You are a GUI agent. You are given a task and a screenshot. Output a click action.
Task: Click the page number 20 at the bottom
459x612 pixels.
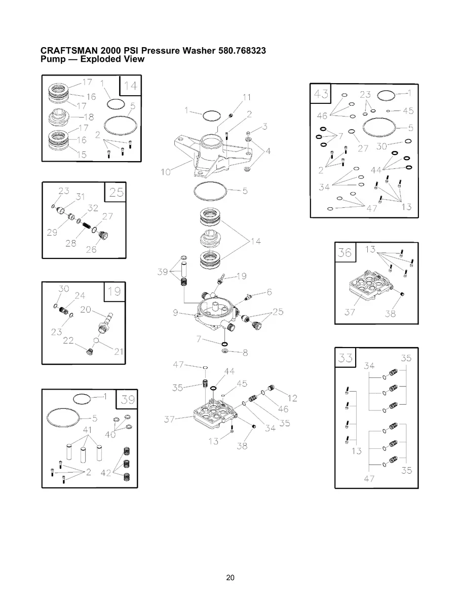[x=230, y=578]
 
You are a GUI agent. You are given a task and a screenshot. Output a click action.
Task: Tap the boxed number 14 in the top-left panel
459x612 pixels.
[x=130, y=86]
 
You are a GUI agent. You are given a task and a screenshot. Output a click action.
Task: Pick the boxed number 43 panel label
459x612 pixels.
[x=321, y=94]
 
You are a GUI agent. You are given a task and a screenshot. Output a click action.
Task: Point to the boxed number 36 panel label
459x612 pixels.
[x=345, y=252]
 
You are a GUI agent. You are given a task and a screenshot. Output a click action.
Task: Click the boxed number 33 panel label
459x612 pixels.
[x=346, y=358]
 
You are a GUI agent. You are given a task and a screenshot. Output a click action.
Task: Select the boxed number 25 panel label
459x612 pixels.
[x=116, y=192]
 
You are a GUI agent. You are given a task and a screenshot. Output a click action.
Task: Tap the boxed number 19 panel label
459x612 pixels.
[x=114, y=291]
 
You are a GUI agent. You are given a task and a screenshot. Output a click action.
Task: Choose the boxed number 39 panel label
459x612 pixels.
[x=127, y=399]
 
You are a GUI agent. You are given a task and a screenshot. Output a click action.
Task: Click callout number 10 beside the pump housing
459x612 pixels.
[x=166, y=172]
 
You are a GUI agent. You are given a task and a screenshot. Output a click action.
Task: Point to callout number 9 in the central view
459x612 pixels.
[x=175, y=313]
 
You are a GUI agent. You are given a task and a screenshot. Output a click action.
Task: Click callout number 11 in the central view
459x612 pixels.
[x=247, y=97]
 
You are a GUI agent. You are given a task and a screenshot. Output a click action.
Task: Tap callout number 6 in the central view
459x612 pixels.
[x=269, y=292]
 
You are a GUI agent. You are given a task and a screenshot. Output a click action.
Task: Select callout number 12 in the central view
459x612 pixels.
[x=292, y=398]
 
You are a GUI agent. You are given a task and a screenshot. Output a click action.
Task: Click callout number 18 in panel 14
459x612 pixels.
[x=89, y=117]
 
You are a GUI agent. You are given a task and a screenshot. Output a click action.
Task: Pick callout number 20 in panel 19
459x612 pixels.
[x=86, y=310]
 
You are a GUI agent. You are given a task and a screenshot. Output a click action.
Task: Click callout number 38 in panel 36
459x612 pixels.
[x=390, y=314]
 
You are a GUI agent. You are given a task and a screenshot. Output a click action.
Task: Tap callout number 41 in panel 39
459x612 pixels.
[x=87, y=430]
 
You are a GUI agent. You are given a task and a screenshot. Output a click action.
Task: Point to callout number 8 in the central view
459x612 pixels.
[x=245, y=353]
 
